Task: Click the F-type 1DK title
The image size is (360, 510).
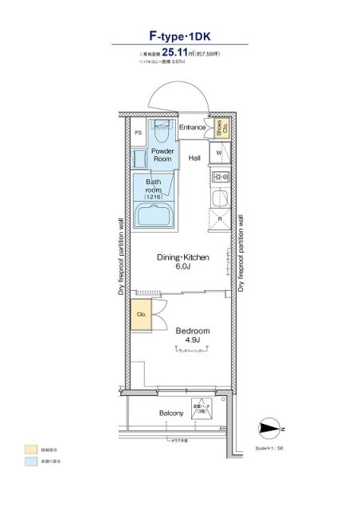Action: point(179,36)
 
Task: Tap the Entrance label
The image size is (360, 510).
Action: point(192,127)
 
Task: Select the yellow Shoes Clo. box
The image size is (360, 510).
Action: point(221,127)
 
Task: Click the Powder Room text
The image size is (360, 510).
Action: point(162,155)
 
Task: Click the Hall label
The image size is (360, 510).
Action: point(194,158)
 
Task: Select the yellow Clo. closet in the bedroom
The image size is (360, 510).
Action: point(140,314)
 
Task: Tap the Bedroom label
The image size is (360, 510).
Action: point(192,331)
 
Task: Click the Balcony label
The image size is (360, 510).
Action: point(172,413)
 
